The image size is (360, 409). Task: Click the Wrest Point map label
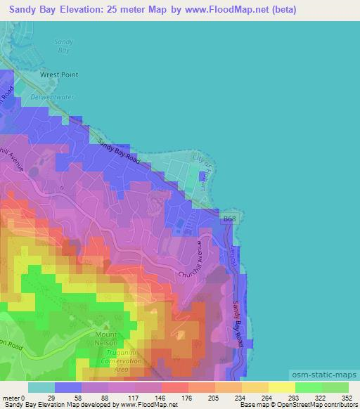59,74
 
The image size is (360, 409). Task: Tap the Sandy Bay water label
63,46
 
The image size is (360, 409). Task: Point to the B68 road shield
229,220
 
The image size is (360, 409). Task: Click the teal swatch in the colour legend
41,387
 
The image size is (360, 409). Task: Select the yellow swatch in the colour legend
281,387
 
